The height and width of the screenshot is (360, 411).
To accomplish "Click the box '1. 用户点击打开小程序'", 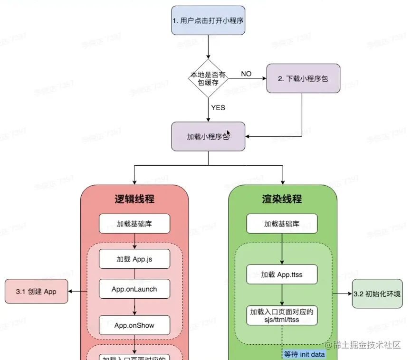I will (208, 21).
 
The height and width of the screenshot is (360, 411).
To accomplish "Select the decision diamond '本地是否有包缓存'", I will (208, 79).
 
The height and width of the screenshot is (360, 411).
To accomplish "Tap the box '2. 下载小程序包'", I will (303, 78).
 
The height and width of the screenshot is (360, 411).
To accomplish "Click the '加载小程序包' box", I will (208, 137).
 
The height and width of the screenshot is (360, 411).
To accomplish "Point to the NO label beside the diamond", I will (246, 74).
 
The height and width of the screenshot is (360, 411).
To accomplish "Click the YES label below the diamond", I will (218, 107).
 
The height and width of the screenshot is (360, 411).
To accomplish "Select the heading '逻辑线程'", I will (134, 199).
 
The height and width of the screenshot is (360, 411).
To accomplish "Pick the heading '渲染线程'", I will (282, 199).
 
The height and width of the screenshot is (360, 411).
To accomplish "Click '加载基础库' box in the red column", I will (134, 224).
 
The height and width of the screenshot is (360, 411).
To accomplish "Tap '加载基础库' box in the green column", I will (282, 224).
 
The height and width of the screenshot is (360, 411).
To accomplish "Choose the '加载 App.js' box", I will (134, 259).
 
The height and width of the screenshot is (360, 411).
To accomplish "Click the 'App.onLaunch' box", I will (134, 289).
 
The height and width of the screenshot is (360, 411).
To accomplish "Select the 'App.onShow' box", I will (134, 325).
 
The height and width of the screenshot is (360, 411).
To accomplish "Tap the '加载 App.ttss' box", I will (282, 275).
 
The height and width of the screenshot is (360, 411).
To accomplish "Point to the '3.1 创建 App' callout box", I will (36, 292).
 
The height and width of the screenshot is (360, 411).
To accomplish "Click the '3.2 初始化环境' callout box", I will (377, 294).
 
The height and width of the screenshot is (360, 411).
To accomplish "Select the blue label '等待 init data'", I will (304, 354).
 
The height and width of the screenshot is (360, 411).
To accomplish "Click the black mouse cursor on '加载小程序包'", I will (229, 133).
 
